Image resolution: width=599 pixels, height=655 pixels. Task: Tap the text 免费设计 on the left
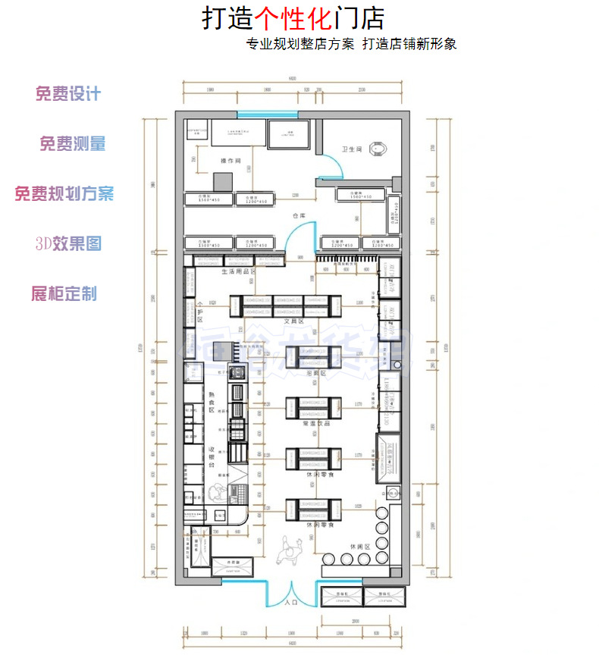[67, 94]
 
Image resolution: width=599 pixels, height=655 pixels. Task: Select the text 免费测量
[72, 143]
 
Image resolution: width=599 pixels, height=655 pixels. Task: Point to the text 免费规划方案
[64, 193]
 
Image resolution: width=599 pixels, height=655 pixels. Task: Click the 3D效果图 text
[68, 243]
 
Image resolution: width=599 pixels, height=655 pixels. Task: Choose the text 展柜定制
[64, 293]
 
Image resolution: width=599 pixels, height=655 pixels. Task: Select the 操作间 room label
[231, 161]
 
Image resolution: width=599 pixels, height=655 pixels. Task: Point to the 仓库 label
[299, 216]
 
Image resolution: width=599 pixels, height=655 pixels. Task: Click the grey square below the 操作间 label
[221, 182]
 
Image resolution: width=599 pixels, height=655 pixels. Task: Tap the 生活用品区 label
[237, 271]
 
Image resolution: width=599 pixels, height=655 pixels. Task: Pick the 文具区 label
[293, 321]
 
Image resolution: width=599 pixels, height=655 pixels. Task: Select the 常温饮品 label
[313, 424]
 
